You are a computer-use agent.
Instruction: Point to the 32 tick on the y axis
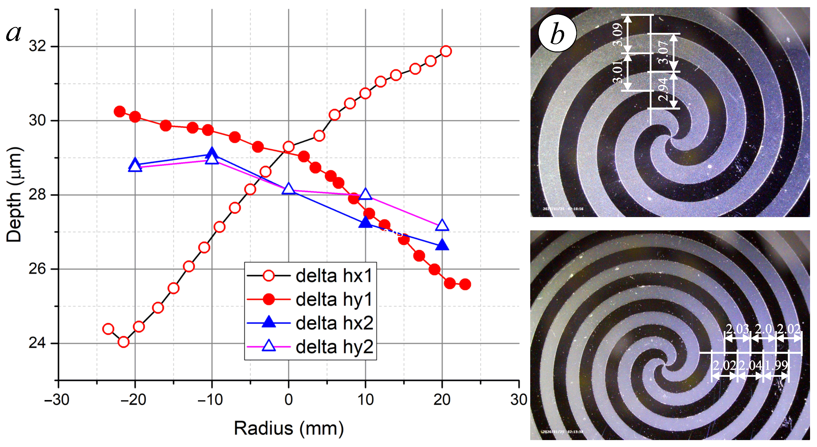(x=37, y=46)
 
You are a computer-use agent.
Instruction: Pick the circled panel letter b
(x=557, y=33)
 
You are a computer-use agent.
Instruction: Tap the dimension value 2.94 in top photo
(x=663, y=89)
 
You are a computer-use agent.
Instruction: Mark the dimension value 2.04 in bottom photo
(x=750, y=365)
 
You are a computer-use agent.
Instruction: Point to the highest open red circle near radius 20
(x=446, y=51)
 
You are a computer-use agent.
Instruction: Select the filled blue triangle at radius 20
(x=442, y=245)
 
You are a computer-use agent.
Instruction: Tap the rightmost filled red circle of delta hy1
(x=465, y=284)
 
